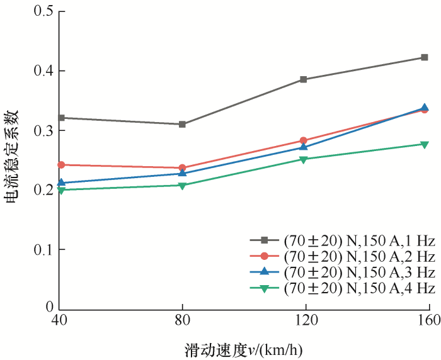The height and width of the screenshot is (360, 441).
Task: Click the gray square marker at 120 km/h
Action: [x=303, y=79]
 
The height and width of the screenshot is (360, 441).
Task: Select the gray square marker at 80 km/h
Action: [x=182, y=124]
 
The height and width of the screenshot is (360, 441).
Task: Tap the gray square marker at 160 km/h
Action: [x=424, y=57]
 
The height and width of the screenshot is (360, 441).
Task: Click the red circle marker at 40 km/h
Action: [x=61, y=165]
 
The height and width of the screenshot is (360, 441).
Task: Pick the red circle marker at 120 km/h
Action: [x=303, y=141]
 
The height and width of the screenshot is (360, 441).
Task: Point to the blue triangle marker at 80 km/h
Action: [x=182, y=173]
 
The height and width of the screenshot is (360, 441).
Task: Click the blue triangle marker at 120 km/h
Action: [x=303, y=147]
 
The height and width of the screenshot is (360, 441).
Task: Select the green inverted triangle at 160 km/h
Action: [x=424, y=145]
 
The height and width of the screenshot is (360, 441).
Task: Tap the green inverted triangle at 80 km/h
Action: [x=182, y=186]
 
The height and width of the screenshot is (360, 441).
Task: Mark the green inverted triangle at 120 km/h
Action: [x=303, y=160]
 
